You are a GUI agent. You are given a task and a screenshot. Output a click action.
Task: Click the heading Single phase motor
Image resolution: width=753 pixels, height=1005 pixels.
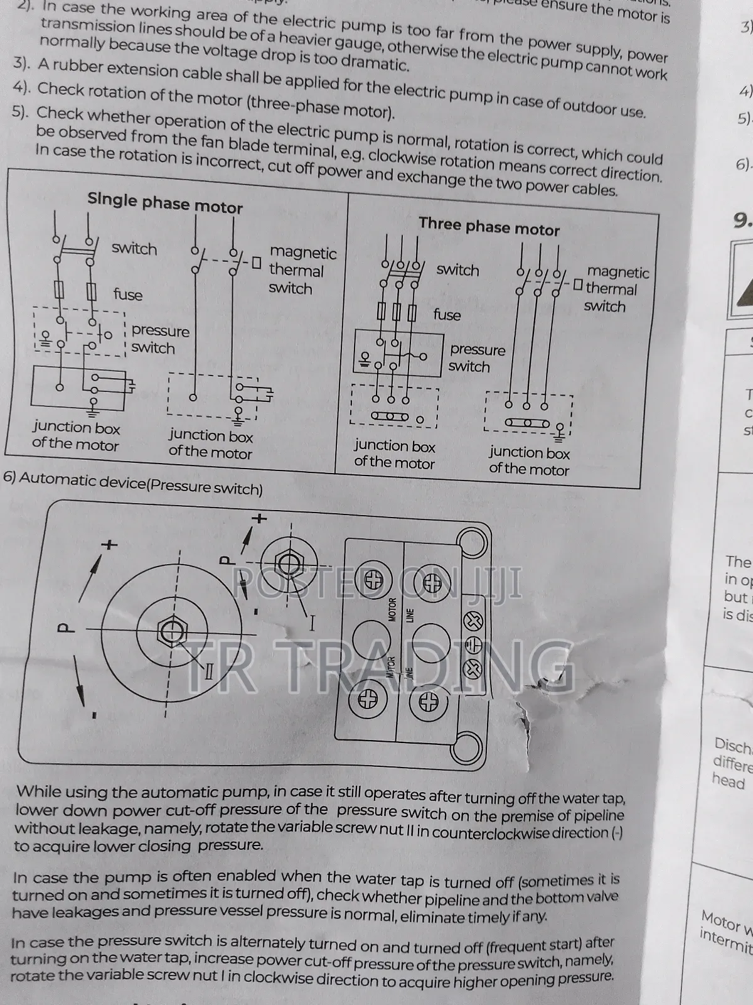click(x=165, y=204)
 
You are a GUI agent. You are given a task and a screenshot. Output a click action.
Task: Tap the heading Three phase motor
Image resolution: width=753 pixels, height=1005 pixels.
click(x=489, y=226)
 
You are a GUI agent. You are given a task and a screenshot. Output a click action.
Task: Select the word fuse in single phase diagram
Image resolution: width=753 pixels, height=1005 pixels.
click(x=128, y=295)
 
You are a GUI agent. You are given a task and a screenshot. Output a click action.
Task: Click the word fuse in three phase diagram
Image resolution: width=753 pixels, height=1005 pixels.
click(x=447, y=315)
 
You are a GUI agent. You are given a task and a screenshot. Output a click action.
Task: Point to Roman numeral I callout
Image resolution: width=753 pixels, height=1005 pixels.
click(x=311, y=624)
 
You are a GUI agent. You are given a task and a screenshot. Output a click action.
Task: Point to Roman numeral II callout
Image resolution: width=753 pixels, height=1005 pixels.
click(x=210, y=671)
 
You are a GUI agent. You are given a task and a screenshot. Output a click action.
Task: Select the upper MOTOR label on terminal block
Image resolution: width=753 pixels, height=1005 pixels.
click(x=393, y=609)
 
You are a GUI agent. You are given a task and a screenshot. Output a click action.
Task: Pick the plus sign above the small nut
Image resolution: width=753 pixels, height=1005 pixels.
click(x=259, y=519)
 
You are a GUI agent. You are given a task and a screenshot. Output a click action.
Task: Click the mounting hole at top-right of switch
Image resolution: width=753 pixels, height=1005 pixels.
click(x=472, y=541)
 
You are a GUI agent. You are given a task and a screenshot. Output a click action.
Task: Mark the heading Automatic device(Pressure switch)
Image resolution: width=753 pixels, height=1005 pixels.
click(x=133, y=484)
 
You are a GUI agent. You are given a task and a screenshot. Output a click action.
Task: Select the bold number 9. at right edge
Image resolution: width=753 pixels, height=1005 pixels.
click(x=742, y=220)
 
